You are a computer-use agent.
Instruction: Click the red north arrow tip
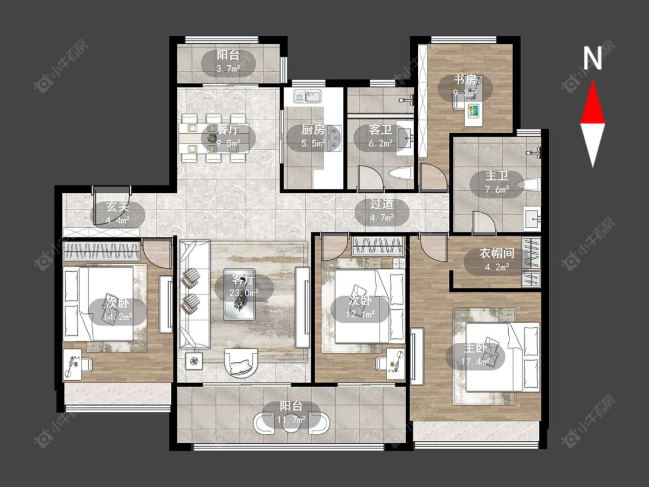(592, 81)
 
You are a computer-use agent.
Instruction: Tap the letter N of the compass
(592, 58)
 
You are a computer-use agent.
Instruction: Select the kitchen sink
(308, 97)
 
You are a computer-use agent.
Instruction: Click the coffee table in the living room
(239, 294)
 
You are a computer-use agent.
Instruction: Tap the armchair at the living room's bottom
(241, 363)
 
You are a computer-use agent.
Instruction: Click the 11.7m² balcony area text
(291, 420)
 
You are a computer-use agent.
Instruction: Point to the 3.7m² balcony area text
(228, 69)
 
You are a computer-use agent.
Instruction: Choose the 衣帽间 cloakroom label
(497, 253)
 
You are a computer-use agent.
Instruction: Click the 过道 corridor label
(382, 203)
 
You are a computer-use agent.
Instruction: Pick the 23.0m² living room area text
(244, 293)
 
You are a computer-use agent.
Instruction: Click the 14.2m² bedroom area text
(118, 317)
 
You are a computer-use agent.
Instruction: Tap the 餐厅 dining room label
(228, 130)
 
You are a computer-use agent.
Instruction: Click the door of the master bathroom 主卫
(484, 222)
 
